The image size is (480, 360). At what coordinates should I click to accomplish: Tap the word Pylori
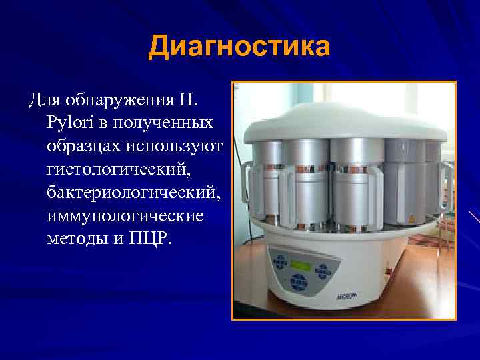[69, 123]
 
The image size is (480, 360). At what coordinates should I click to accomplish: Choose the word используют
[179, 145]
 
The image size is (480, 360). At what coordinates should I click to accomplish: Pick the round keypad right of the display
[325, 270]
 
